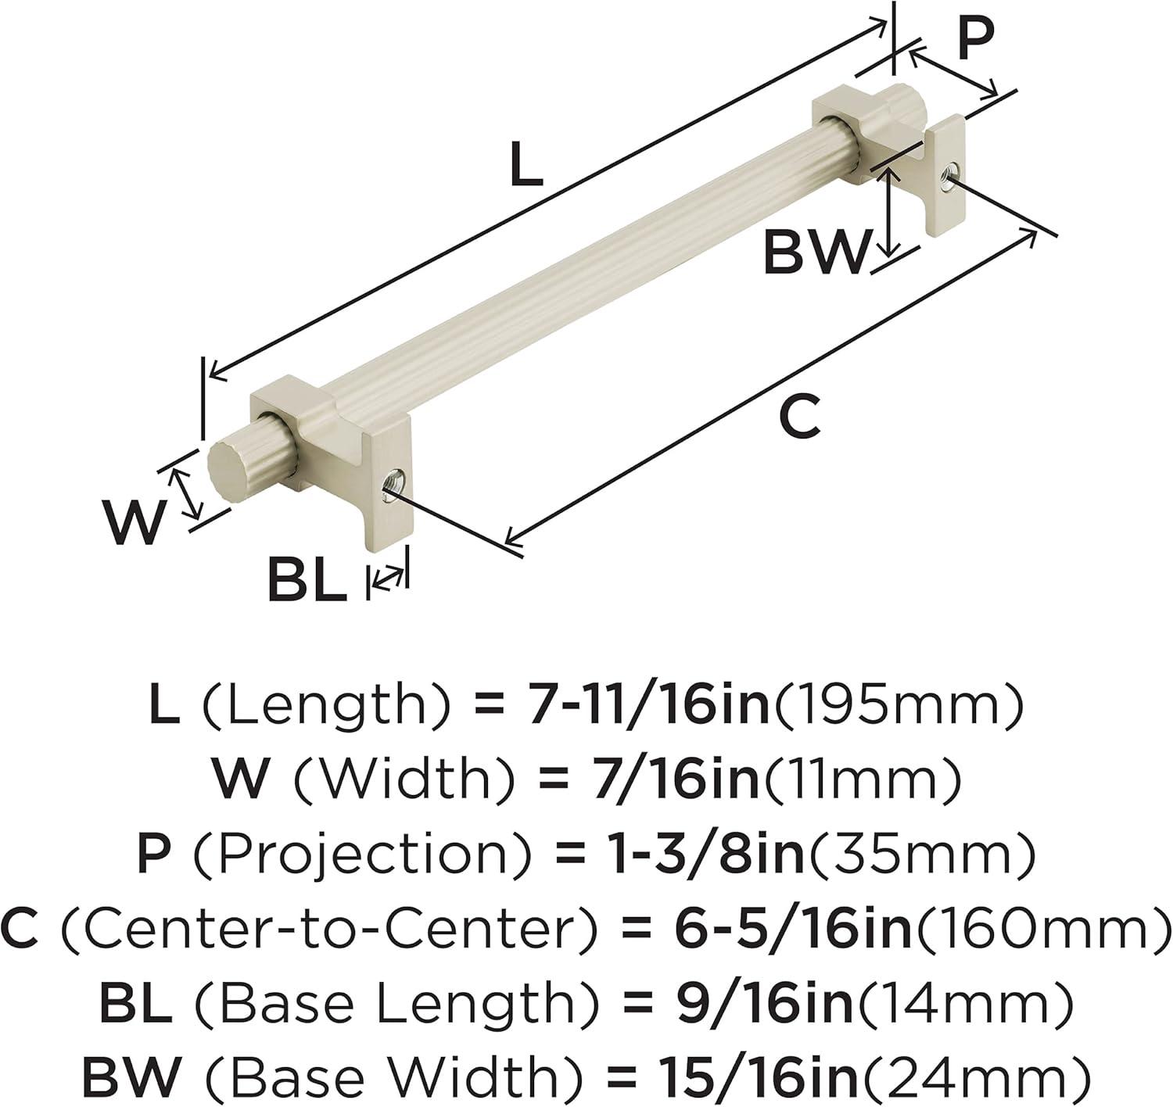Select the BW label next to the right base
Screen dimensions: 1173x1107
pos(816,253)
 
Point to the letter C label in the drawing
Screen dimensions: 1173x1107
pos(800,416)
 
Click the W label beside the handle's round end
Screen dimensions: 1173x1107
pos(133,521)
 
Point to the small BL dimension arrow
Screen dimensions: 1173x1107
pos(387,579)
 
